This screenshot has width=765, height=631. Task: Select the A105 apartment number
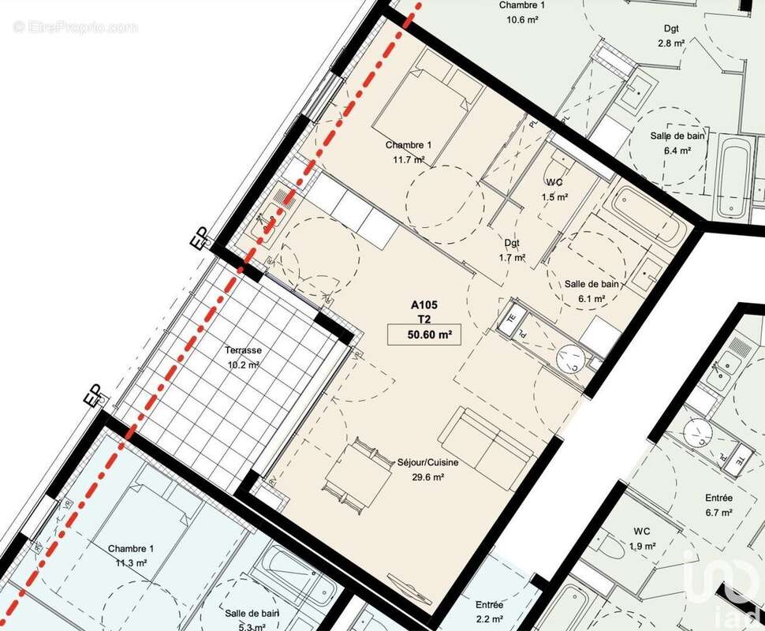click(424, 304)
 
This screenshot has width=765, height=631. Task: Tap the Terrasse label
click(242, 350)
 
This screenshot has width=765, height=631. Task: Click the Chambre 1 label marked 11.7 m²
click(408, 145)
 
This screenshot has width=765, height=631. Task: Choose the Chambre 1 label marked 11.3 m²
click(131, 548)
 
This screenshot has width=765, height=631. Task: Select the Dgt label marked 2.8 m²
click(671, 28)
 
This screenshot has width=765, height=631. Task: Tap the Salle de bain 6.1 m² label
click(591, 284)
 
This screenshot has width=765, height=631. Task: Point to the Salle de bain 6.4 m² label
click(677, 136)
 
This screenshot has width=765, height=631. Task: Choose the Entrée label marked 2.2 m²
click(489, 605)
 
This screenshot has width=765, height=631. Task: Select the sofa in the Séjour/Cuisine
click(487, 442)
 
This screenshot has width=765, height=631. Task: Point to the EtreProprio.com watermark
click(75, 28)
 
